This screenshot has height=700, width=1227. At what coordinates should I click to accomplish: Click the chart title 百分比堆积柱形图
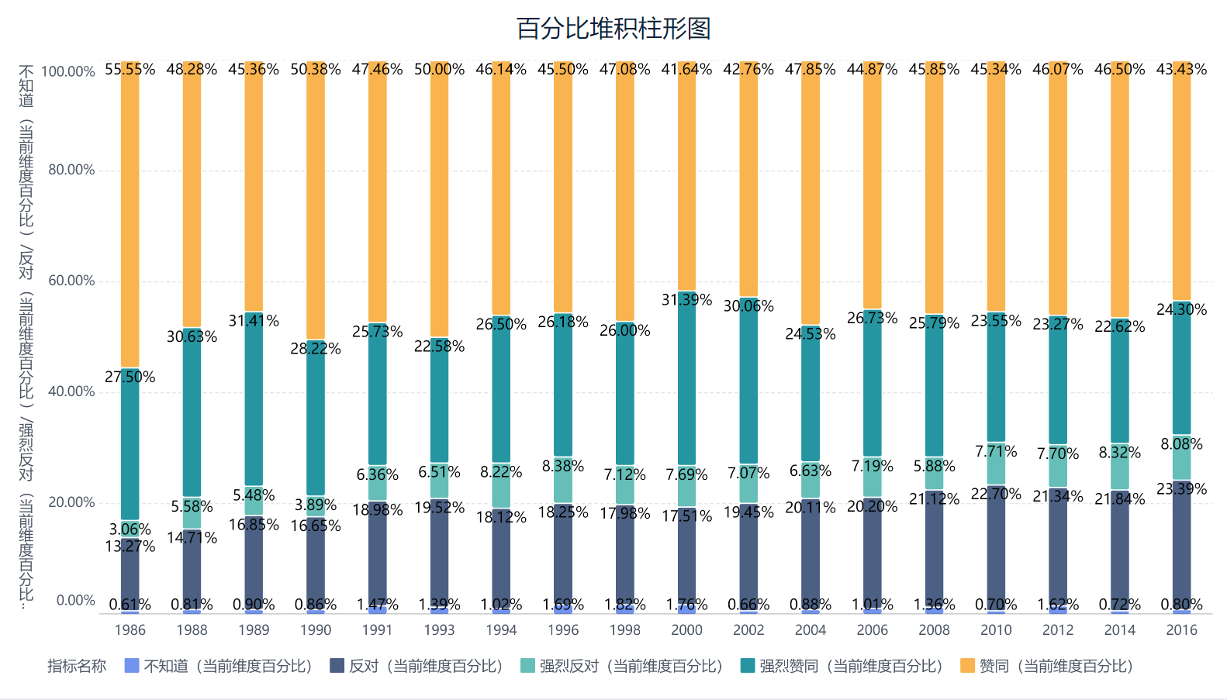click(x=613, y=29)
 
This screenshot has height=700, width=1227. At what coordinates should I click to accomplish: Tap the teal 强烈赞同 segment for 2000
click(x=686, y=380)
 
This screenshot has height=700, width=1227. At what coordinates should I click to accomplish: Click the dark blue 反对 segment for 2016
click(x=1181, y=543)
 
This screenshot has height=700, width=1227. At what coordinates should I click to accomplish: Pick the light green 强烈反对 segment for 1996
click(x=563, y=481)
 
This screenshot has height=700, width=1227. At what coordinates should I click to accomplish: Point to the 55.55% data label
click(x=130, y=70)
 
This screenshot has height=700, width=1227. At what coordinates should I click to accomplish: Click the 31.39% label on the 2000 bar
click(x=686, y=300)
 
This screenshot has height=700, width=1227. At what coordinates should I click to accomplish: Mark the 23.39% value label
click(x=1181, y=489)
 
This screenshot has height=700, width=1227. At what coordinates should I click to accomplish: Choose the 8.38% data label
click(x=563, y=466)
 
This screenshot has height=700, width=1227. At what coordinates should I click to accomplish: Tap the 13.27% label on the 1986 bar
click(x=130, y=547)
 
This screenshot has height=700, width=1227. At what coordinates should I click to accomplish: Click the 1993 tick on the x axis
click(x=439, y=630)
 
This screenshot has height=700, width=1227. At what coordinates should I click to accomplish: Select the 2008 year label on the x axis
click(x=934, y=630)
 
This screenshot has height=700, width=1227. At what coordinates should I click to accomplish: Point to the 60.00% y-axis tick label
click(x=71, y=281)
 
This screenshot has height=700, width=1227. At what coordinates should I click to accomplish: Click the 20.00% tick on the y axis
click(x=71, y=502)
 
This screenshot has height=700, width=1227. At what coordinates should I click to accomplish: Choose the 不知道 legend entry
click(x=219, y=666)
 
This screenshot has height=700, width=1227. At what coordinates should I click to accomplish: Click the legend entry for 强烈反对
click(x=621, y=666)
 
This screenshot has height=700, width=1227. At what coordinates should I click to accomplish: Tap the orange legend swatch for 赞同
click(x=967, y=666)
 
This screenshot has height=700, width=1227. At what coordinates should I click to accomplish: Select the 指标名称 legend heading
click(x=77, y=666)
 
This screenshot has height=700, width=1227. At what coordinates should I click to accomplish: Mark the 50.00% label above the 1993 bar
click(x=439, y=70)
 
